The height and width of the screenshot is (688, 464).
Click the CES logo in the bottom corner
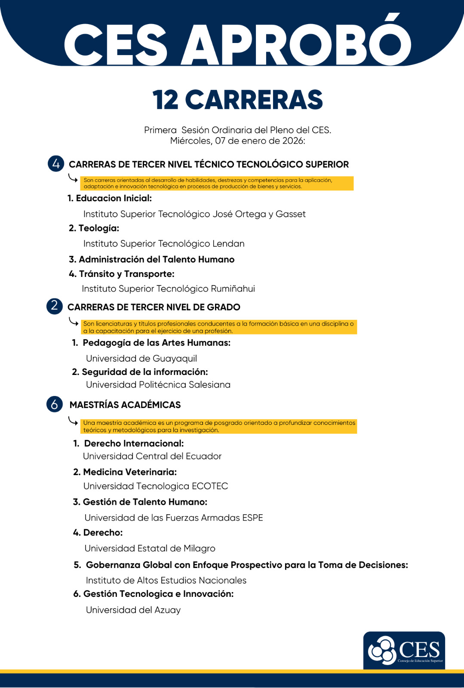pyautogui.click(x=404, y=650)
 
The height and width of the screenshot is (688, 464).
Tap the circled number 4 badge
pyautogui.click(x=56, y=164)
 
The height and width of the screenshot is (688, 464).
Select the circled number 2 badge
pyautogui.click(x=55, y=306)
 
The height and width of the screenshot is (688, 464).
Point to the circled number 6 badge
pyautogui.click(x=55, y=404)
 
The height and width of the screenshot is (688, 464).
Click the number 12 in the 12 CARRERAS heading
pyautogui.click(x=165, y=100)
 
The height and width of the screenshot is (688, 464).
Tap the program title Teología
pyautogui.click(x=98, y=228)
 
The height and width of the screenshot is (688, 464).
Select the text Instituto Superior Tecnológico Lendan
pyautogui.click(x=164, y=244)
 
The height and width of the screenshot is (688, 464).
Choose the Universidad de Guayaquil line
pyautogui.click(x=141, y=359)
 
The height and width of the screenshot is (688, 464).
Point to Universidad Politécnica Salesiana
pyautogui.click(x=158, y=384)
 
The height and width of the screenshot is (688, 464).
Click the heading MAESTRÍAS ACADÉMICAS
pyautogui.click(x=125, y=405)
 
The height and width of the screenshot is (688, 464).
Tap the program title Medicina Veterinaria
pyautogui.click(x=130, y=472)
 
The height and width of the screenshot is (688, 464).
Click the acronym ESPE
pyautogui.click(x=252, y=518)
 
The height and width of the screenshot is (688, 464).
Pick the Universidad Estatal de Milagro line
pyautogui.click(x=150, y=548)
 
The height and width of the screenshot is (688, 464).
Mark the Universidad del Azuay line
pyautogui.click(x=133, y=610)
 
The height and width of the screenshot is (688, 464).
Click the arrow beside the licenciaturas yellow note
pyautogui.click(x=74, y=322)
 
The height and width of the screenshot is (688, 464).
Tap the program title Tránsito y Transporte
pyautogui.click(x=126, y=274)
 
